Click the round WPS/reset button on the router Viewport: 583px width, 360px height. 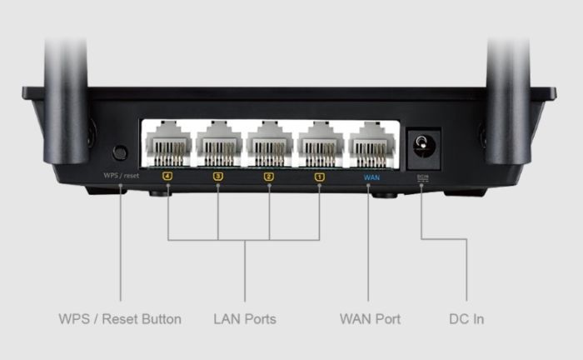(120, 152)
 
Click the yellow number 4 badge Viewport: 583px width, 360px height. (167, 177)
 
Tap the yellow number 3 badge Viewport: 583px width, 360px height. (218, 177)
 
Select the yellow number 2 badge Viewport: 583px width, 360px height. (269, 177)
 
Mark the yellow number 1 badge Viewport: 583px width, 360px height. (320, 177)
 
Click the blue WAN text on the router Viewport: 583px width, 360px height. (371, 177)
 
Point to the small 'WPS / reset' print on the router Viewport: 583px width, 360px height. (121, 177)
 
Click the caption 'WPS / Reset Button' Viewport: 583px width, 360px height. (120, 319)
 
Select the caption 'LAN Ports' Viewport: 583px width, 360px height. (244, 319)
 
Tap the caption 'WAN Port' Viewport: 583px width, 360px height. (370, 319)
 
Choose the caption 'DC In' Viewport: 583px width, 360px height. (466, 319)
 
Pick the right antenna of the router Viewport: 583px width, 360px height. (510, 92)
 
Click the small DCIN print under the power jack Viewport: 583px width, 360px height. (422, 177)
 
